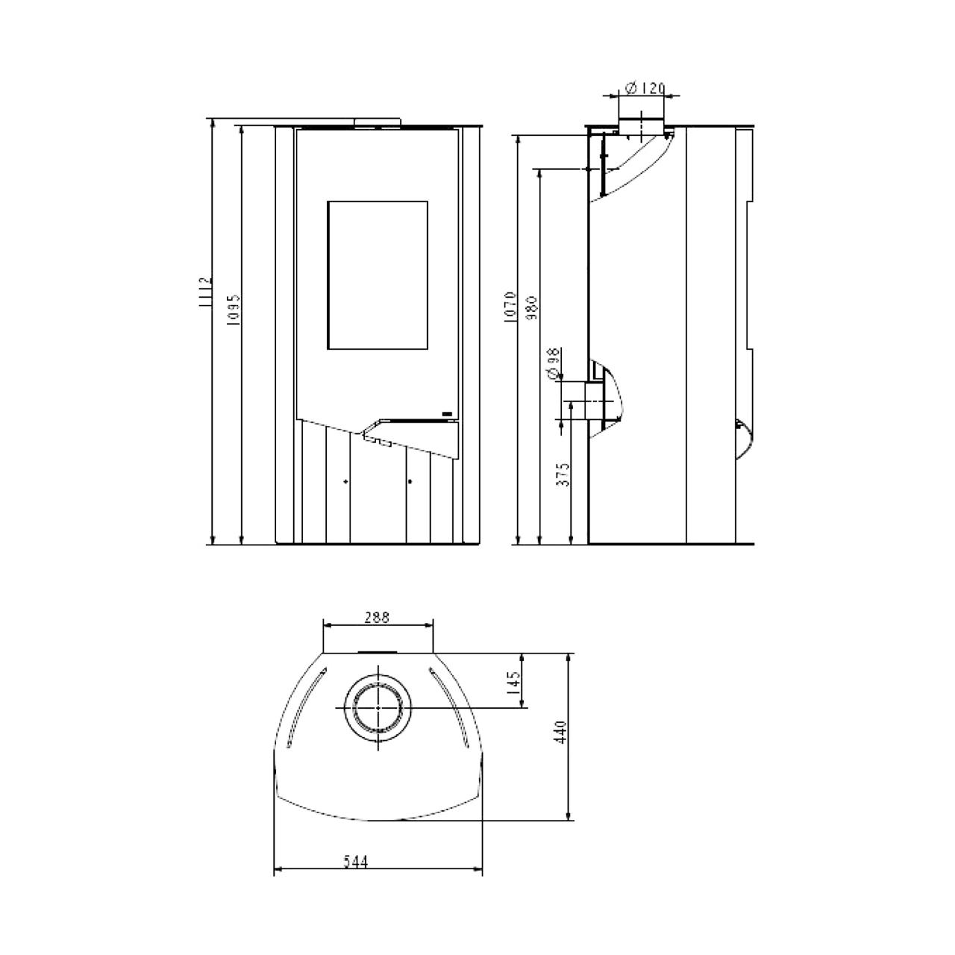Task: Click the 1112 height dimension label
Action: (x=206, y=292)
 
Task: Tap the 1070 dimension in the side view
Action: (x=510, y=307)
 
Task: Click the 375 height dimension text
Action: (x=563, y=475)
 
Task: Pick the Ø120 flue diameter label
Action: (x=645, y=89)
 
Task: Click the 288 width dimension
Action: (x=377, y=618)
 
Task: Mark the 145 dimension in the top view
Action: (x=514, y=683)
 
